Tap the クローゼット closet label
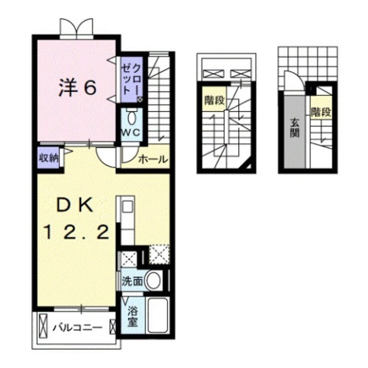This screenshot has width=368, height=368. point(131,80)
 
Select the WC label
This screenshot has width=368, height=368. point(130,132)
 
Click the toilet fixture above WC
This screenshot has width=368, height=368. point(131,117)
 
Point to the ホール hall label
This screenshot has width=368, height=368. point(153,160)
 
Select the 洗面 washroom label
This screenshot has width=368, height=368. point(132,281)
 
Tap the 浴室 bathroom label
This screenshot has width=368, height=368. point(132,317)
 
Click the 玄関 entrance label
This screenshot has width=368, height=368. point(294,129)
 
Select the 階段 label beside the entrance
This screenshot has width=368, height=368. point(321,112)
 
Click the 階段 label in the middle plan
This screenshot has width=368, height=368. point(214,101)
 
